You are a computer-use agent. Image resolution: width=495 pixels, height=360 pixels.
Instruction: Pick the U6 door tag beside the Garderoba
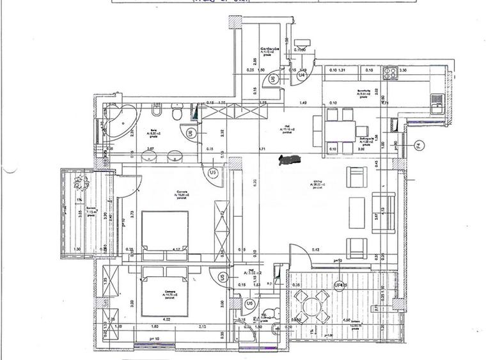[x=273, y=79]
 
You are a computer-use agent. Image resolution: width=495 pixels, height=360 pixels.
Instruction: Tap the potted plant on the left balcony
[x=81, y=185]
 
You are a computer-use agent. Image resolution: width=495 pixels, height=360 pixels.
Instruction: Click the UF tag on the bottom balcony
[x=339, y=285]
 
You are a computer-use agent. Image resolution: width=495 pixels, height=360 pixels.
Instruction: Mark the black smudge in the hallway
[x=292, y=158]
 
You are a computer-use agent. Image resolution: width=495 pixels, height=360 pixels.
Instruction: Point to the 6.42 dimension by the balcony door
[x=315, y=249]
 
